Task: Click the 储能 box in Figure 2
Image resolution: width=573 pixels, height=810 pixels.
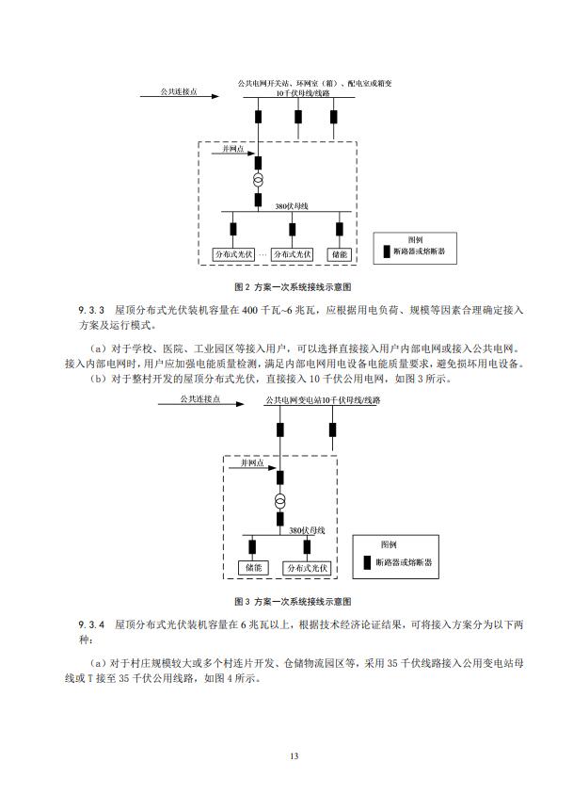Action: tap(340, 254)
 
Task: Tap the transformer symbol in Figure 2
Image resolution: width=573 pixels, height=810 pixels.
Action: tap(259, 179)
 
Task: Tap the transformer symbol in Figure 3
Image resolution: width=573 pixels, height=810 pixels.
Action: tap(279, 499)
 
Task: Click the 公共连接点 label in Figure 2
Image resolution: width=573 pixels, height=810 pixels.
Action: tap(178, 92)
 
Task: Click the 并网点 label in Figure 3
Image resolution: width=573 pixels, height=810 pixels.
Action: tap(252, 463)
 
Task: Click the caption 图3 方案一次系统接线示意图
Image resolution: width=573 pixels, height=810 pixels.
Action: tap(292, 600)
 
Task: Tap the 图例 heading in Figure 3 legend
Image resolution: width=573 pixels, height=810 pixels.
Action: tap(389, 544)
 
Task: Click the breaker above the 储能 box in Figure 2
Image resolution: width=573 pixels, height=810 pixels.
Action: tap(340, 228)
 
